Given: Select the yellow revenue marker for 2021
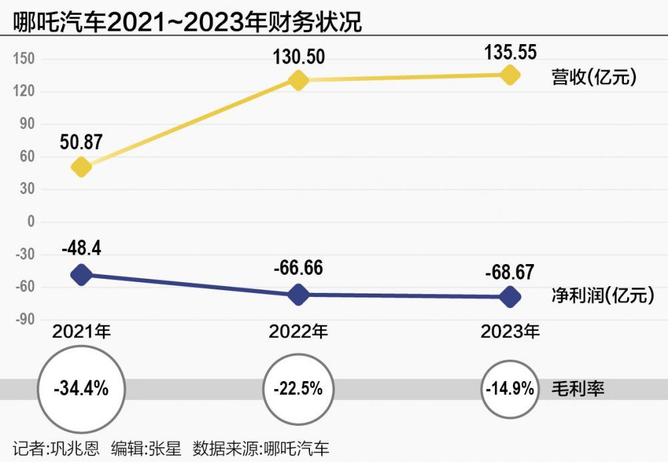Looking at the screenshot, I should click(x=81, y=166).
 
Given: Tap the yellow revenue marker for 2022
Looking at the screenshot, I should click(x=298, y=80).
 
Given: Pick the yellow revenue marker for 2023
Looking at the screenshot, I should click(x=510, y=74).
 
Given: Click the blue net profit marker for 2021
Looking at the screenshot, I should click(x=81, y=274).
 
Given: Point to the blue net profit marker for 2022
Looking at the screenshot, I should click(x=298, y=294).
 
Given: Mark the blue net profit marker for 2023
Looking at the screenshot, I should click(x=510, y=296).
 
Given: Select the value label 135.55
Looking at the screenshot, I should click(x=510, y=51).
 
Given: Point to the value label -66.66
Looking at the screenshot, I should click(x=298, y=269).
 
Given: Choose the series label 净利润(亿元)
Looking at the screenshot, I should click(x=602, y=295).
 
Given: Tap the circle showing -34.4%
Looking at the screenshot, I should click(x=81, y=388).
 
